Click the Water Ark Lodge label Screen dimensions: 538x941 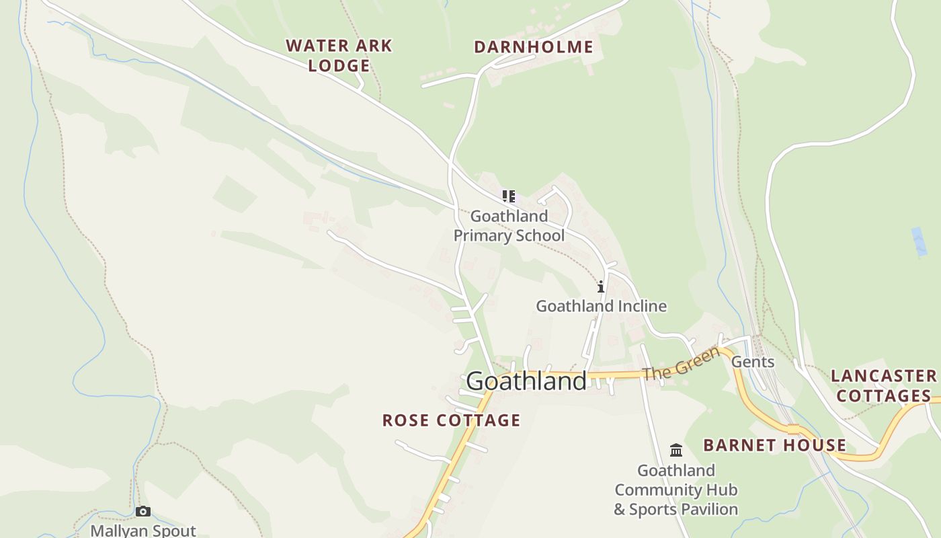click(x=339, y=55)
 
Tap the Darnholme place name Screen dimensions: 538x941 click(x=533, y=46)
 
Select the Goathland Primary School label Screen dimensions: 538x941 click(x=509, y=226)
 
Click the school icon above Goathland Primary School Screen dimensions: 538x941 click(x=509, y=196)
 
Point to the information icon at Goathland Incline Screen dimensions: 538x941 click(x=600, y=287)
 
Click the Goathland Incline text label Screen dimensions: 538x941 click(x=601, y=306)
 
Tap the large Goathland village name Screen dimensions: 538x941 click(x=526, y=381)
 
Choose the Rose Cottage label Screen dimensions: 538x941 click(x=451, y=420)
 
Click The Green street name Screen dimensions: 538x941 click(x=680, y=362)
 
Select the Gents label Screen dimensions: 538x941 click(x=753, y=362)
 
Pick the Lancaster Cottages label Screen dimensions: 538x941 click(x=883, y=385)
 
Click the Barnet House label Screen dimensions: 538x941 click(x=774, y=445)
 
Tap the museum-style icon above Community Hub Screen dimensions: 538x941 click(x=676, y=450)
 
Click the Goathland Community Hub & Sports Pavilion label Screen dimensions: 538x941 click(x=676, y=490)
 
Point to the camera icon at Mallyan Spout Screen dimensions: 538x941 click(x=142, y=512)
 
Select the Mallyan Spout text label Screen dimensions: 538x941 click(x=143, y=531)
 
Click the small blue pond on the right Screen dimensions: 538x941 click(x=919, y=241)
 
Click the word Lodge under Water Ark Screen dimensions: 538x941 click(x=339, y=65)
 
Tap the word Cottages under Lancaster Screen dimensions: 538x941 click(x=883, y=395)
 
